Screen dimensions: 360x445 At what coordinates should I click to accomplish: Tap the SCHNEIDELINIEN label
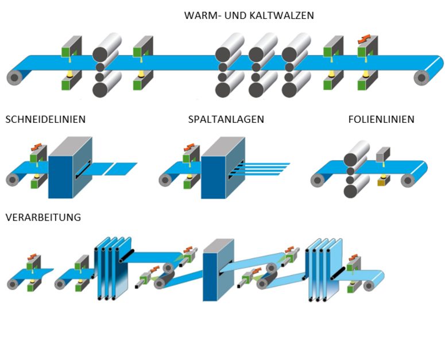tap(45, 119)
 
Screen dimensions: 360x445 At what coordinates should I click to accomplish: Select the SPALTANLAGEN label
tap(226, 119)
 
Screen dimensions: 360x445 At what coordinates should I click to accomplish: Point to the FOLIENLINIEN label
tap(381, 119)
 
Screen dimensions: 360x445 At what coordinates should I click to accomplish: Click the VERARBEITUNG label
tap(43, 218)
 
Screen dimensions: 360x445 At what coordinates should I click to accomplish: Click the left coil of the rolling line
tap(14, 77)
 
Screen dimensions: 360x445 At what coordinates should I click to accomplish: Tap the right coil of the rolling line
tap(421, 77)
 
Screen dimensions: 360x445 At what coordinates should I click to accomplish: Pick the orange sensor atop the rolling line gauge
tap(363, 38)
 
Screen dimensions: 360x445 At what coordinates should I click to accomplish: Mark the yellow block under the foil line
tap(381, 183)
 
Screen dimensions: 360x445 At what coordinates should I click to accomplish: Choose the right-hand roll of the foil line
tap(408, 180)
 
